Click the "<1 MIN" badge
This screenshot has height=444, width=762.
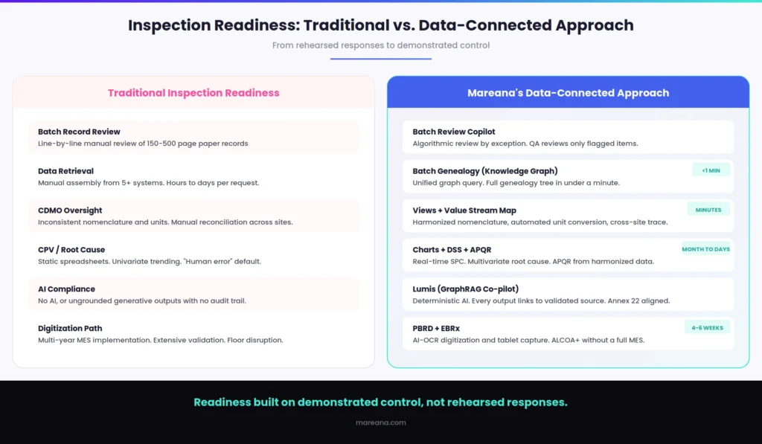711,170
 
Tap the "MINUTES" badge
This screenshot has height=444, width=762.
708,210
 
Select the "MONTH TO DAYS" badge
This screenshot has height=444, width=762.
705,249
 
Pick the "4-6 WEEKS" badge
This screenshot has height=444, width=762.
707,328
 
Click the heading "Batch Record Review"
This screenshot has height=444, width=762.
79,132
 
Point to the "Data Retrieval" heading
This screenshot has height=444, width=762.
65,171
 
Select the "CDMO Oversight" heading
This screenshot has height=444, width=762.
70,210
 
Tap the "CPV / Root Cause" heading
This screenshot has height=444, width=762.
71,250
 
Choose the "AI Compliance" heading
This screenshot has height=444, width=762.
66,289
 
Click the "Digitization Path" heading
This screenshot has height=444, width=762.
70,329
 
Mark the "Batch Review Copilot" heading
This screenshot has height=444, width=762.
454,132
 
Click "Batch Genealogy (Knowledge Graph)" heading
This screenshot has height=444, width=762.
485,171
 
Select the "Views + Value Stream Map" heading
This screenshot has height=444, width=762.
464,210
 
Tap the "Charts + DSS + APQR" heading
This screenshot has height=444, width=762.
452,250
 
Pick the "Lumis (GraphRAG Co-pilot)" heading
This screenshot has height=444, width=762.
466,289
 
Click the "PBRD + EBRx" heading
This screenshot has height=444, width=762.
436,329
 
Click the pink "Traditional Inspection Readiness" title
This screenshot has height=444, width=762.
193,93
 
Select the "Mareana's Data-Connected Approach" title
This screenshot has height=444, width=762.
568,93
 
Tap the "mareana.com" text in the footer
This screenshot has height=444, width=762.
381,422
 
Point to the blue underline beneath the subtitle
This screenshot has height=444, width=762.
381,59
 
